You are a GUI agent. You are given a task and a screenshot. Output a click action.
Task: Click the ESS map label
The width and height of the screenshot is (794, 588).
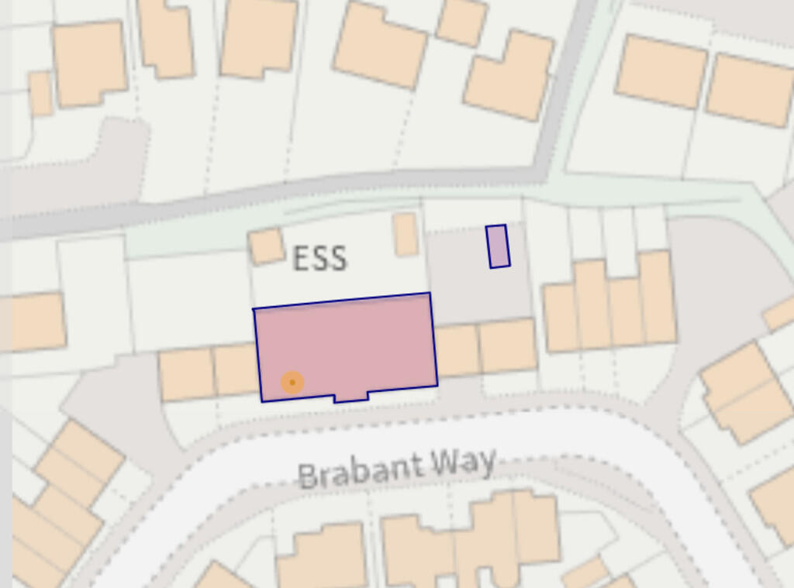pos(319,258)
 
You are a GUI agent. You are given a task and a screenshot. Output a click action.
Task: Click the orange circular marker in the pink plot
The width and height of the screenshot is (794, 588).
pos(292,382)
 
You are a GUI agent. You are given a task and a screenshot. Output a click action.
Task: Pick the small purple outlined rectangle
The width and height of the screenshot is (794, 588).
pos(498,246)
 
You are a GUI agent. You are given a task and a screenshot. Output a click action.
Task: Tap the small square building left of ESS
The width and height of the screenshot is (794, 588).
pos(267,246)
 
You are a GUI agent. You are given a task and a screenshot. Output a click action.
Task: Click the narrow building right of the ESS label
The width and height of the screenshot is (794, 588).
pos(406,234)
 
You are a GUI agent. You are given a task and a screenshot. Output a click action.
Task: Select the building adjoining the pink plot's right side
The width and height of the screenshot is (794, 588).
pos(457,350)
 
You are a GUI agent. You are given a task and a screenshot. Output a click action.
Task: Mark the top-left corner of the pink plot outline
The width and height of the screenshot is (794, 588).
pos(254,310)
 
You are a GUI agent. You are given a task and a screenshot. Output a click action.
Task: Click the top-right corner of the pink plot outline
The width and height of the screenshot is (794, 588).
pos(430,294)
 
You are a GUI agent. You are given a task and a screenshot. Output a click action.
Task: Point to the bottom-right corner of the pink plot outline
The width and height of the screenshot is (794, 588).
pos(437,384)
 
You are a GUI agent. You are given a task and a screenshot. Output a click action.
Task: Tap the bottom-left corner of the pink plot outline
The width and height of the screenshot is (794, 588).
pos(262,401)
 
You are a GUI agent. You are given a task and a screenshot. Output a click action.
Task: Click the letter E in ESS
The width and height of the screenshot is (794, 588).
pos(301,258)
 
